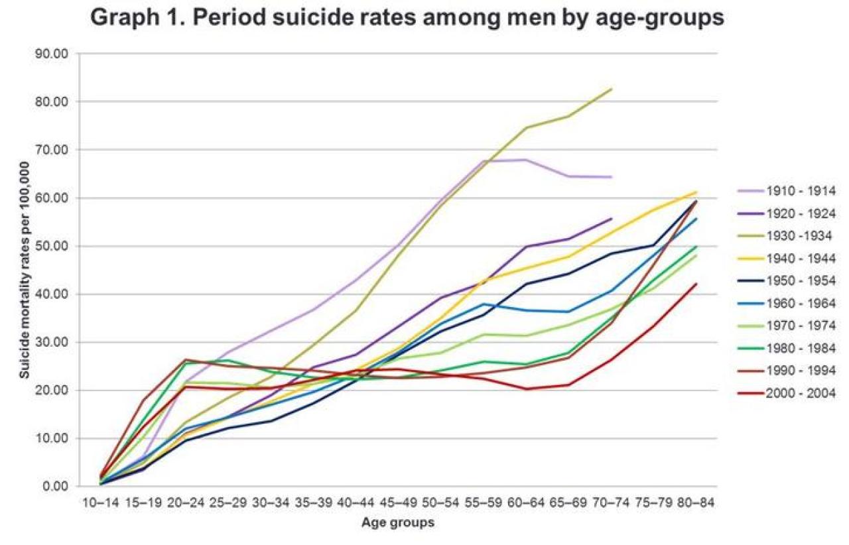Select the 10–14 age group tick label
(101, 503)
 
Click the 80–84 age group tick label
(696, 503)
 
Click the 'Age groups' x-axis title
(398, 523)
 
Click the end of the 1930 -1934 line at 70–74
(611, 89)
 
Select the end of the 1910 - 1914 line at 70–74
(611, 177)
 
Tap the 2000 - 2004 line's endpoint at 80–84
(696, 284)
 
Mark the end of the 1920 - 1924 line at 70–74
(611, 218)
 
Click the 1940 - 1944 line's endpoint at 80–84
(696, 192)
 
